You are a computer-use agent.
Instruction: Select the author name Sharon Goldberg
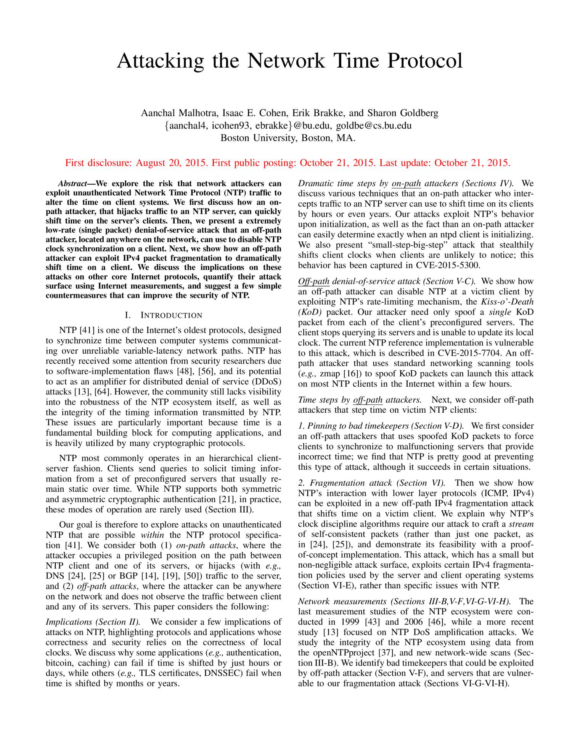coord(403,113)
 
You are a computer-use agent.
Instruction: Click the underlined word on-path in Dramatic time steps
coord(406,184)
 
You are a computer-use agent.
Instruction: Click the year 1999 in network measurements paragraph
coord(353,622)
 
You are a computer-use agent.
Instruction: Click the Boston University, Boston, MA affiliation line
coord(288,138)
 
